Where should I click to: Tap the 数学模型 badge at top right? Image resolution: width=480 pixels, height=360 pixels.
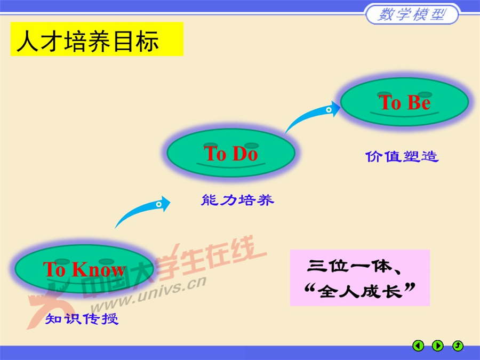(x=411, y=14)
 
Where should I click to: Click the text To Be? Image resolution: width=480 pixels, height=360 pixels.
(x=404, y=102)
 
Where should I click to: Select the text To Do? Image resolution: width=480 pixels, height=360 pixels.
(x=231, y=154)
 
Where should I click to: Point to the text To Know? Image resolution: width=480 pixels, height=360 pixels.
(x=84, y=269)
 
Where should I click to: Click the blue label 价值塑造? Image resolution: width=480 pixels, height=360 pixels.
(x=402, y=156)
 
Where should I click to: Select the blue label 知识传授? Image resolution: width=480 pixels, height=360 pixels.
(x=81, y=319)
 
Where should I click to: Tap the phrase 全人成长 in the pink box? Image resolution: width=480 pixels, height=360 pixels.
(x=358, y=291)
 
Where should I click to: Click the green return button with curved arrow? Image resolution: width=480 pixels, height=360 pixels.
(x=458, y=346)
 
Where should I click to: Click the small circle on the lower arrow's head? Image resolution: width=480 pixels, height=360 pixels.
(x=159, y=204)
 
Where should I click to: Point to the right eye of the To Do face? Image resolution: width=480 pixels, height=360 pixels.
(x=252, y=145)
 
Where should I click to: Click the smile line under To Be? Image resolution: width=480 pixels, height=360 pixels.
(x=404, y=114)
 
